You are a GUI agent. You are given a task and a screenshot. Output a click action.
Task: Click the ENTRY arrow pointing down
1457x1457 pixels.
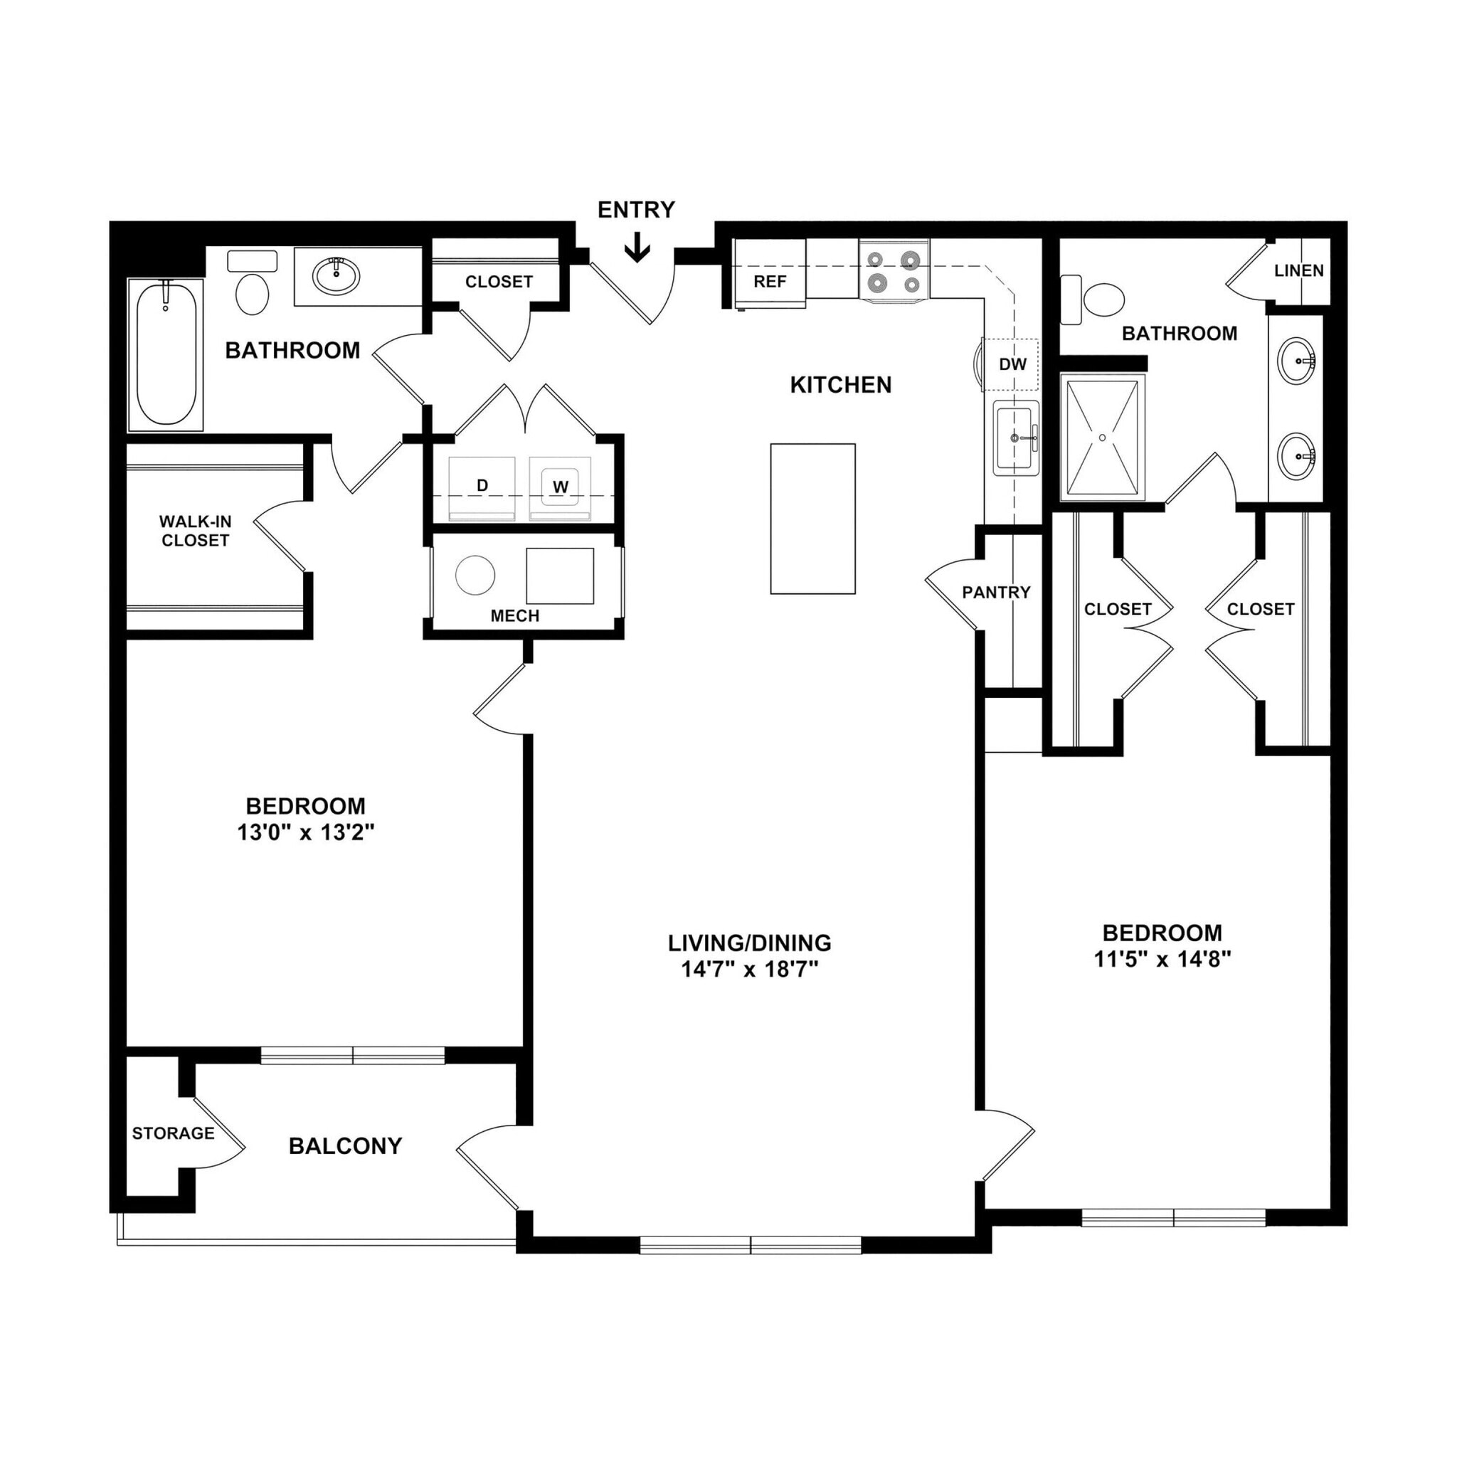(637, 248)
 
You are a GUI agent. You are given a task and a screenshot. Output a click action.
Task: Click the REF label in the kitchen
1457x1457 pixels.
(769, 282)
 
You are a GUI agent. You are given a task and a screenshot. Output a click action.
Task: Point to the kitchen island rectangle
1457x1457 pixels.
(812, 518)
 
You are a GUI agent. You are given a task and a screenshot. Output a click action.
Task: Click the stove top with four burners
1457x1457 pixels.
(894, 272)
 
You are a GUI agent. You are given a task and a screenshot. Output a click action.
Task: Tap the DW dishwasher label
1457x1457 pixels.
(1012, 364)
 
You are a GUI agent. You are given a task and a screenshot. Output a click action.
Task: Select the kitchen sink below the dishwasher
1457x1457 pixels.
(1015, 438)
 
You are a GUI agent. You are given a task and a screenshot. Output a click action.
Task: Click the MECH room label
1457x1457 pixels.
(515, 616)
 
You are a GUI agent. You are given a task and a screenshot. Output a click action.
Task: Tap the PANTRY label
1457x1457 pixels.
(995, 593)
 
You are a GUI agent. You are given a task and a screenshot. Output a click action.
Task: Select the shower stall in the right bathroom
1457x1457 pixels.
(1102, 438)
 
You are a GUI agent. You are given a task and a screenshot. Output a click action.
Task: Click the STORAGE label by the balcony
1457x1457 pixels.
(173, 1133)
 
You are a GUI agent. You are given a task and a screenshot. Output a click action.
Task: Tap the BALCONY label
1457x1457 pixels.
(344, 1146)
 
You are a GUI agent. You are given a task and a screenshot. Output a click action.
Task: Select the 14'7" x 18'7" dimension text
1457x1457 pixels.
(750, 969)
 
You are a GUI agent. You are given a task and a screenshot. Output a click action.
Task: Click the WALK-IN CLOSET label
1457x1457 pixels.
(196, 531)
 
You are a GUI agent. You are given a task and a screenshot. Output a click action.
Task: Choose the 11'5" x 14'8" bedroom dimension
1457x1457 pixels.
(1162, 959)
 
